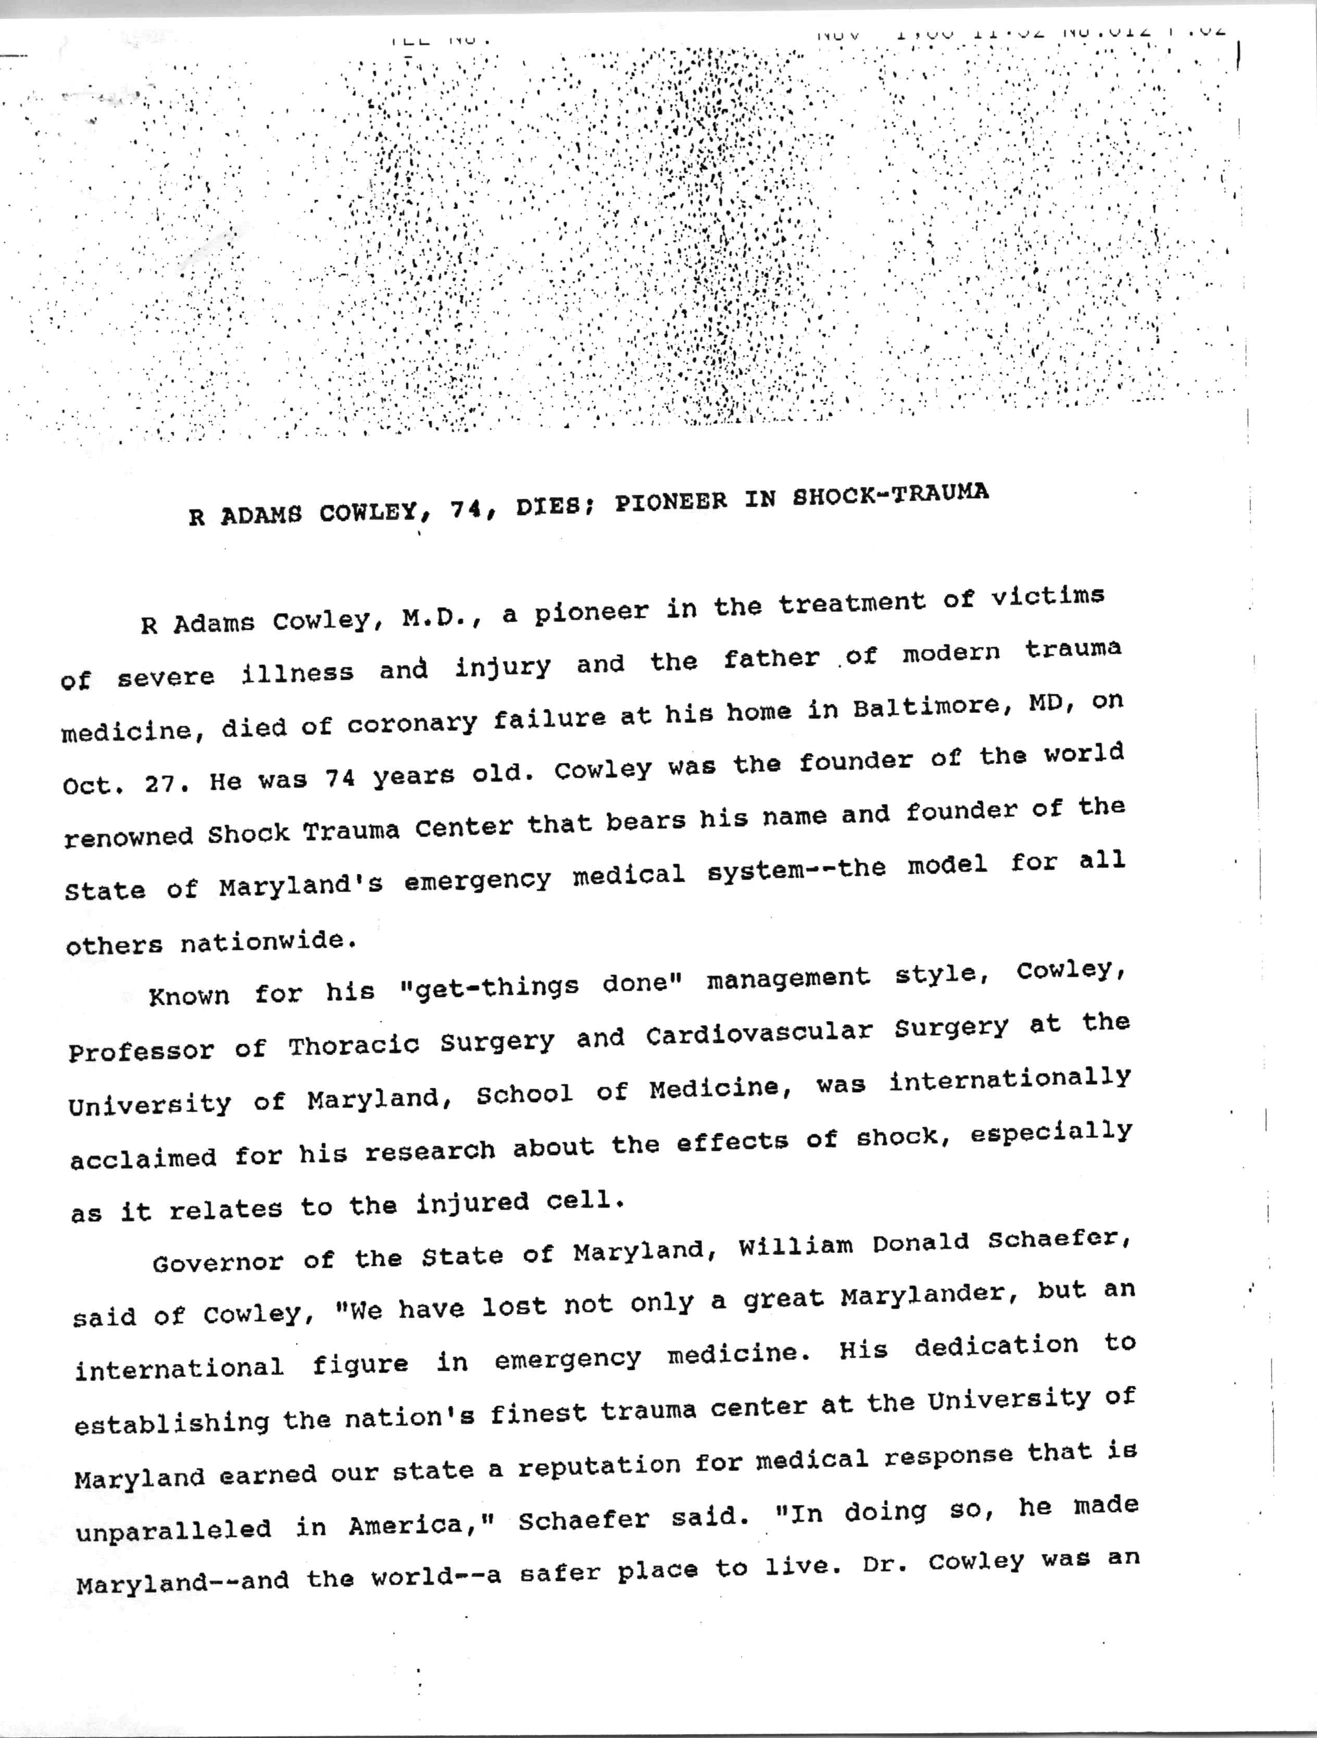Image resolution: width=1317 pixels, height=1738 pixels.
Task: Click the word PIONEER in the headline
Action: tap(670, 501)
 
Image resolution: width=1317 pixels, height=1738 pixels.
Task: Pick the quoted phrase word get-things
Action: tap(490, 987)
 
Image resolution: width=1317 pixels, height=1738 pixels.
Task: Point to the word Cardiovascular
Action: tap(759, 1033)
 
